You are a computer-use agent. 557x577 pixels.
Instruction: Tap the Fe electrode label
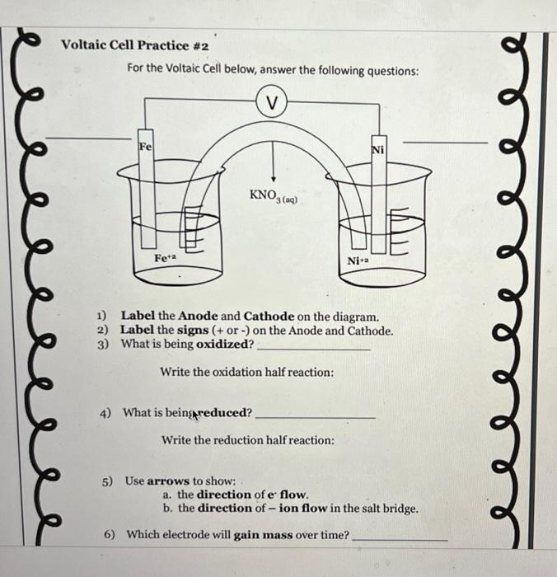[145, 146]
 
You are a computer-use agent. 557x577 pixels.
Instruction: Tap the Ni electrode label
[378, 149]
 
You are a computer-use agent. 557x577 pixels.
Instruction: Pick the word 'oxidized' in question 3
[223, 344]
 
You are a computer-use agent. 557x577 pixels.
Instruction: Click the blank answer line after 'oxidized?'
[313, 349]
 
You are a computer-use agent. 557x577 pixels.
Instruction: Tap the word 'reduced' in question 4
[224, 412]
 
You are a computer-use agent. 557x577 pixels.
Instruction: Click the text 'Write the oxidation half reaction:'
[247, 373]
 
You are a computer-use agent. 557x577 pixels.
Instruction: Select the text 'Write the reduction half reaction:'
[248, 440]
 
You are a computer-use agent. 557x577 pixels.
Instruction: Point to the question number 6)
[110, 535]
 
